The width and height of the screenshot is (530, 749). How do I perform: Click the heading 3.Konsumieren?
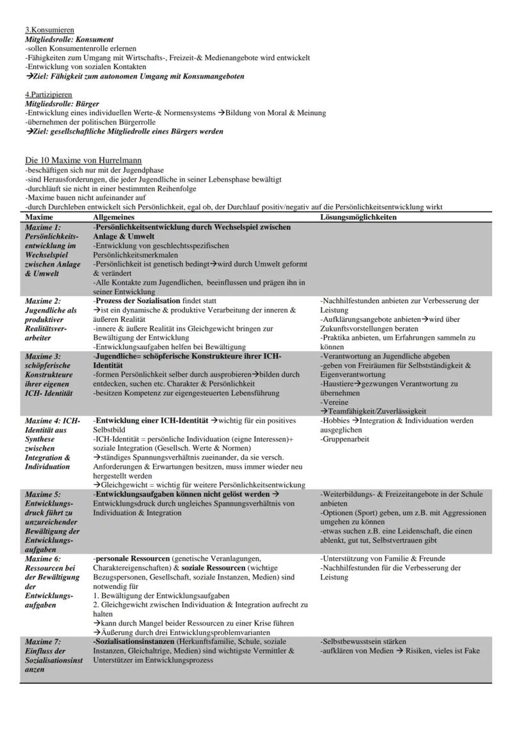(49, 30)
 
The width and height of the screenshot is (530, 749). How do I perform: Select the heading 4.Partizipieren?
(49, 95)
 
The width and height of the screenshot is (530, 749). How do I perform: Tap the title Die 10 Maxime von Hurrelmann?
(83, 160)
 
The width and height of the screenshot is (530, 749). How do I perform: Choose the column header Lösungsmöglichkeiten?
(358, 217)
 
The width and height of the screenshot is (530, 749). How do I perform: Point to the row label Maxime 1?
(43, 227)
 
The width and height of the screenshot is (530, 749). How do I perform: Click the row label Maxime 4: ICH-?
(52, 421)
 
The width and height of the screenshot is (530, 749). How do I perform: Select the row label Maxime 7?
(43, 642)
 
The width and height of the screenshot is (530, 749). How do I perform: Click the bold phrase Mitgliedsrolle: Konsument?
(69, 40)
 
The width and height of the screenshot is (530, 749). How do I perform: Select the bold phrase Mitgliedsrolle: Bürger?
(62, 104)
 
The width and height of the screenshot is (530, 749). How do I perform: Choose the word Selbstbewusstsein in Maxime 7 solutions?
(353, 642)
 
